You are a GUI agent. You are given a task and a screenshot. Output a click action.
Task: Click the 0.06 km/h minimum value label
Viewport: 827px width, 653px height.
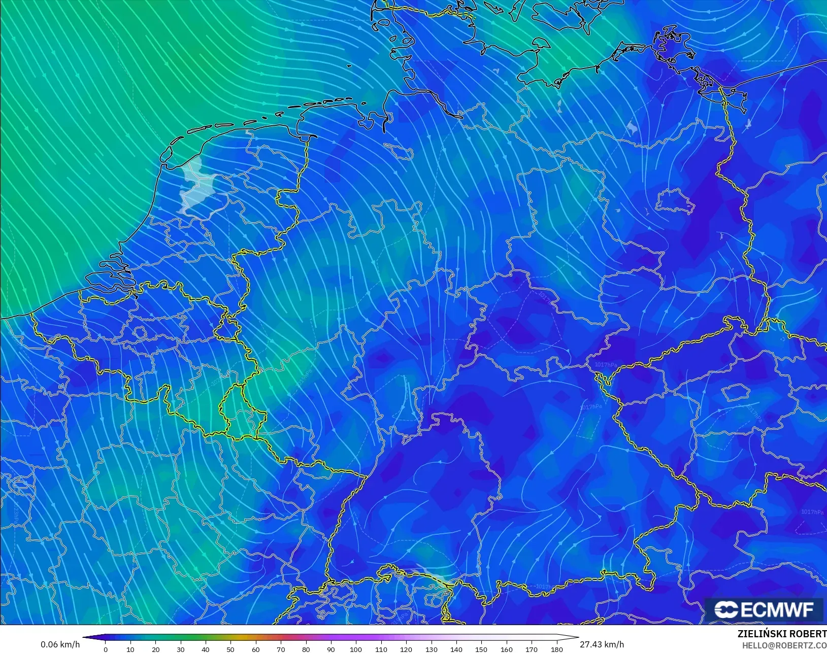(60, 644)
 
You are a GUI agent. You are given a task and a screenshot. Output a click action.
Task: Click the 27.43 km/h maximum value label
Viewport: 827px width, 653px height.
(602, 644)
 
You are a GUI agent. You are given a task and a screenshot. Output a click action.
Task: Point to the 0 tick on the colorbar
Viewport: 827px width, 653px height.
(106, 649)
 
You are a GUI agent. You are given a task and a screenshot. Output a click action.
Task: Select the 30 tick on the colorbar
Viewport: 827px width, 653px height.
(181, 649)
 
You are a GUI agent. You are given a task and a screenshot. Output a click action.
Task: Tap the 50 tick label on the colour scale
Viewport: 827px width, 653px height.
(230, 649)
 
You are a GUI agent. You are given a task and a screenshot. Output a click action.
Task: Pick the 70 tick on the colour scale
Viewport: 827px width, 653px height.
(281, 649)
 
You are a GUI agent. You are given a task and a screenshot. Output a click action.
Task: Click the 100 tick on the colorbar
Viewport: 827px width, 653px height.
(356, 649)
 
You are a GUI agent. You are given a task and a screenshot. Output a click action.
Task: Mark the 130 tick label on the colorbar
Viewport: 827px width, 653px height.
(431, 649)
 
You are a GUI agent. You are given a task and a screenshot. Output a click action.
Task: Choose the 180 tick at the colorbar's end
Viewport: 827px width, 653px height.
(556, 649)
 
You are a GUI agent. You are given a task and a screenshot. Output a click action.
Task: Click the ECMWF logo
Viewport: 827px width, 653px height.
(764, 609)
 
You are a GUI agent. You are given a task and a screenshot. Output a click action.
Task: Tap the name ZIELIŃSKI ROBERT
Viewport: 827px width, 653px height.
(782, 634)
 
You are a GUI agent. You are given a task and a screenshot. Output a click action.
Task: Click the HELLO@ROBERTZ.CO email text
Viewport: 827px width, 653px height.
(784, 645)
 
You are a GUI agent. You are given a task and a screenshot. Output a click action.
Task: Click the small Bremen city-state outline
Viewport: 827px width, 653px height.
(401, 149)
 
